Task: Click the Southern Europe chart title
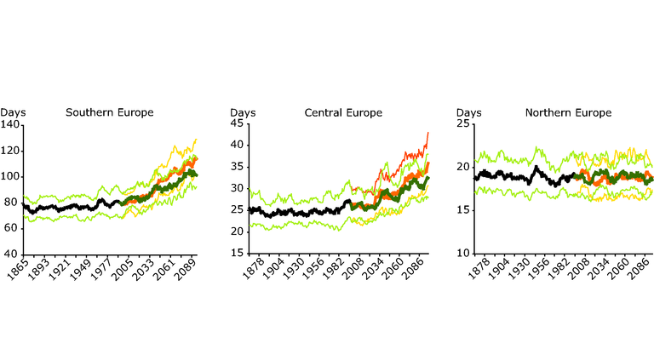coord(109,112)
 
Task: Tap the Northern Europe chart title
coord(568,112)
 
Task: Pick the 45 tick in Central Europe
coord(237,123)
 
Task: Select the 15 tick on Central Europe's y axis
coord(237,254)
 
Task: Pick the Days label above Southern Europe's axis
coord(14,112)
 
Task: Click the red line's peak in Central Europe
coord(428,132)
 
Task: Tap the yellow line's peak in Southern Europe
coord(196,139)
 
